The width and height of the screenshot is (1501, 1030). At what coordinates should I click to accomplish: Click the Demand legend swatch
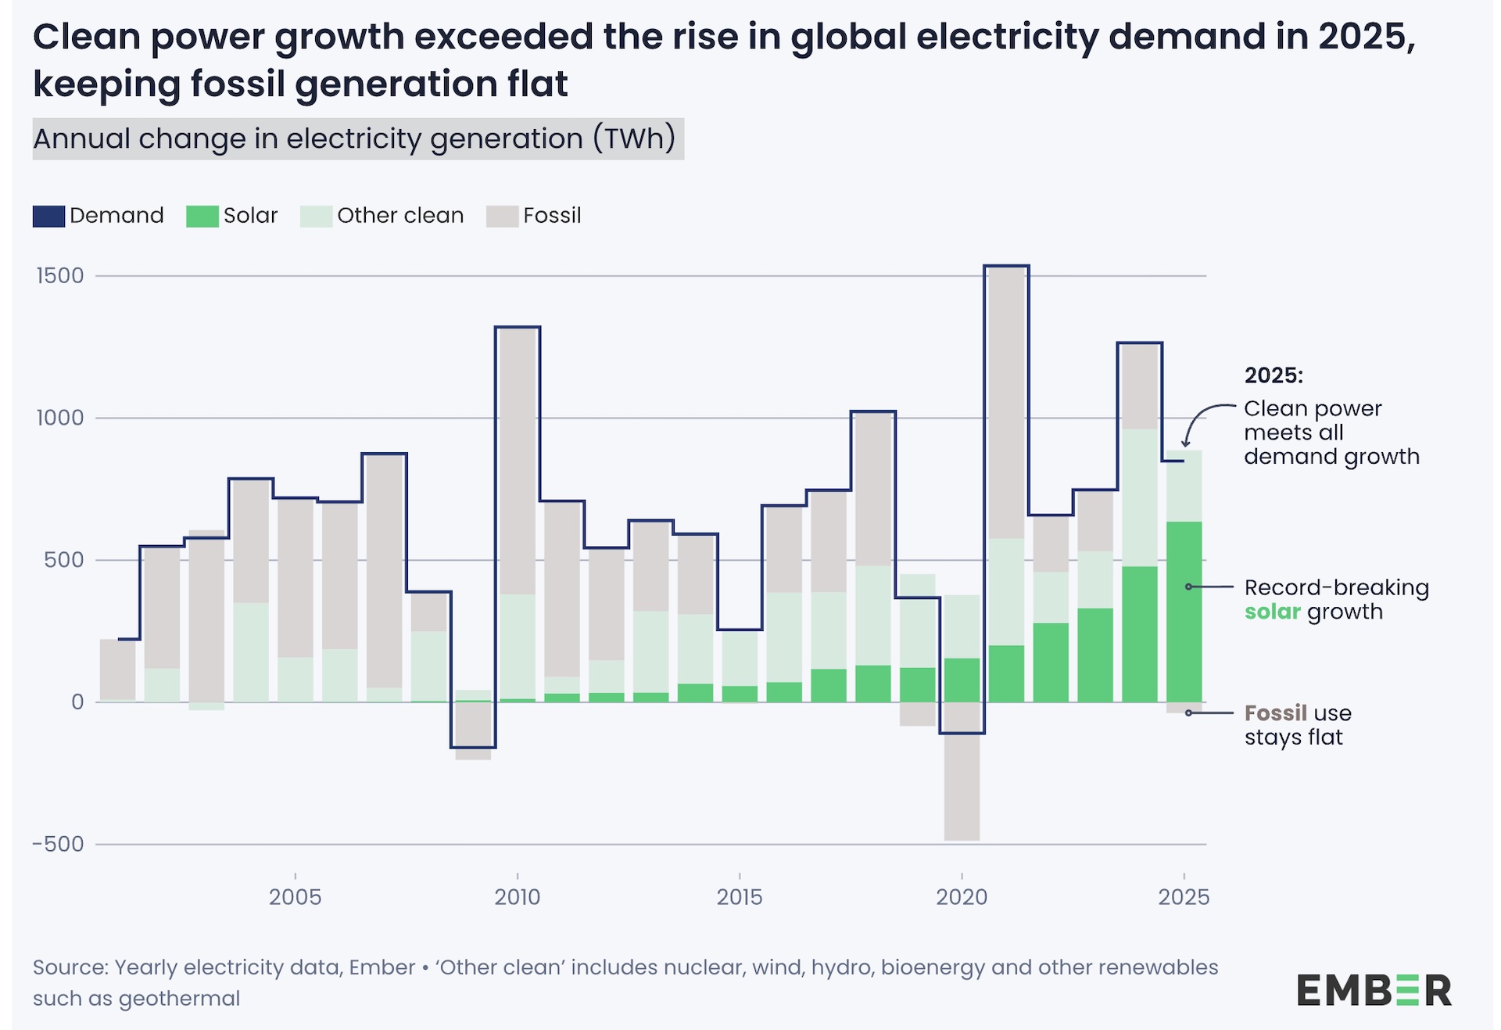pos(48,216)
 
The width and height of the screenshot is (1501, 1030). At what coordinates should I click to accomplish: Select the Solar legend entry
pos(232,216)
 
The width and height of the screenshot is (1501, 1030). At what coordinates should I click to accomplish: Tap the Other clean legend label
pos(400,216)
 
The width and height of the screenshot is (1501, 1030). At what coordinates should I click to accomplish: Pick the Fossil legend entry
pos(534,216)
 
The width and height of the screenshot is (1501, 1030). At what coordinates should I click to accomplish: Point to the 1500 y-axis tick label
pos(60,276)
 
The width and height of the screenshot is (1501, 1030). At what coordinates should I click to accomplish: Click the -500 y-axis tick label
pos(58,845)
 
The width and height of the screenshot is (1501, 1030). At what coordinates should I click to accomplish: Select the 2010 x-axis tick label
pos(517,897)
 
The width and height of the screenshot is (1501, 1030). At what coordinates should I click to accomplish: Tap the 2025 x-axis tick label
pos(1184,897)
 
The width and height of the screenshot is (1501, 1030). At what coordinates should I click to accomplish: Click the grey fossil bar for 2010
pos(517,461)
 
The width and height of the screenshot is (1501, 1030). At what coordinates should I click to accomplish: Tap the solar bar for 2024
pos(1139,633)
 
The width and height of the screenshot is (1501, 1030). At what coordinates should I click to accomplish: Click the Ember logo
pos(1374,990)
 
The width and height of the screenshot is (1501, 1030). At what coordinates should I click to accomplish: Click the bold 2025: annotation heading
pos(1274,375)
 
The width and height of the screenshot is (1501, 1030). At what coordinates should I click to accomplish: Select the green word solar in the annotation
pos(1272,612)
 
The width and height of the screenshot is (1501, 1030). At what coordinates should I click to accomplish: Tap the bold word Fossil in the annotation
pos(1275,713)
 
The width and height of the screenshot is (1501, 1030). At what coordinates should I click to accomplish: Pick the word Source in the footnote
pos(70,967)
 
